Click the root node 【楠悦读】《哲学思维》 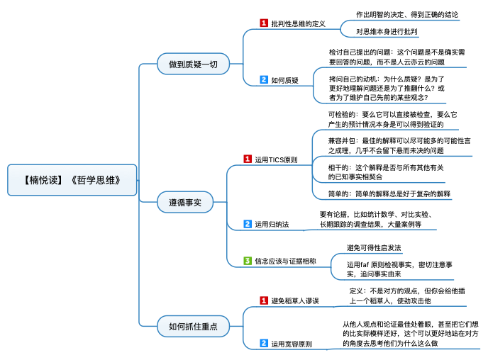point(72,180)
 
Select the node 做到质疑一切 point(193,64)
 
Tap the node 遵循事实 point(185,203)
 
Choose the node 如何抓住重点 point(193,327)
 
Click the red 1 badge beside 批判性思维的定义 point(264,23)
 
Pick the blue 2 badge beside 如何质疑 point(264,79)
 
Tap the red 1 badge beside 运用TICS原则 point(248,159)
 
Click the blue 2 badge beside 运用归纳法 point(248,224)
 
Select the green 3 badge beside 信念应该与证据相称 point(248,261)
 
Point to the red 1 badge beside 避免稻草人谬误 point(264,300)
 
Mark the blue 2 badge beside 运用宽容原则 point(264,343)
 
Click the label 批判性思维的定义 point(298,23)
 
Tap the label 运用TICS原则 point(276,159)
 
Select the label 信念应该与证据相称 point(285,261)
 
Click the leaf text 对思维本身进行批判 point(387,31)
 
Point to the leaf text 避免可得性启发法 point(374,248)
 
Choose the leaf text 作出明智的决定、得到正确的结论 point(407,15)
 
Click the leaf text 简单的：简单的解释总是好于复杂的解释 point(389,194)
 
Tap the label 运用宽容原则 point(292,344)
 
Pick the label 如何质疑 point(284,80)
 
